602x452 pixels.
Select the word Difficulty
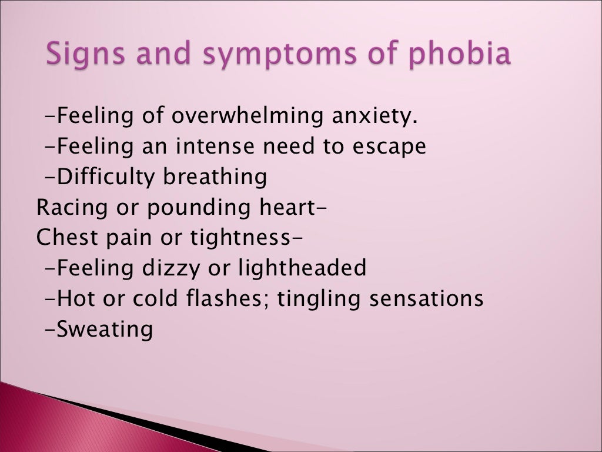coord(108,177)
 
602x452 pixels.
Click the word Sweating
coord(105,329)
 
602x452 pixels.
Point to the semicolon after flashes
coord(272,300)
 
